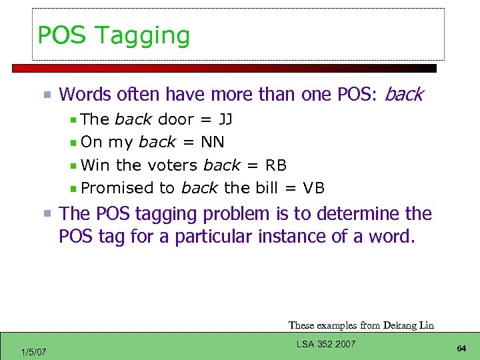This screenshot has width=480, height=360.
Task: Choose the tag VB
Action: tap(313, 188)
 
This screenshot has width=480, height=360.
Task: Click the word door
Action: tap(176, 120)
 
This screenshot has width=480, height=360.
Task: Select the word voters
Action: tap(172, 165)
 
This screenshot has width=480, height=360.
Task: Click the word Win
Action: tap(96, 165)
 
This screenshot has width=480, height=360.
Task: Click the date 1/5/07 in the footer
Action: tap(34, 351)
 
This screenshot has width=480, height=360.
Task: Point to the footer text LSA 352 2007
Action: tap(325, 344)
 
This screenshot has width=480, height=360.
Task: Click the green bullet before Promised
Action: tap(73, 189)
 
